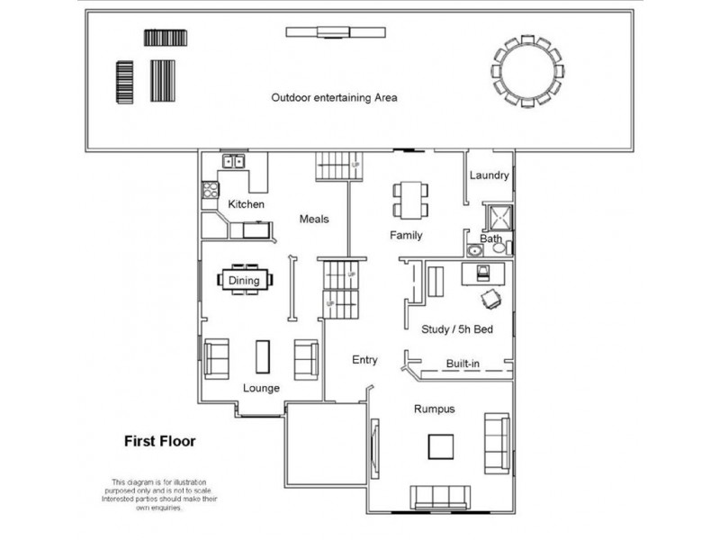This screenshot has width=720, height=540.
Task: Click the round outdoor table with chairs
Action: point(528,69)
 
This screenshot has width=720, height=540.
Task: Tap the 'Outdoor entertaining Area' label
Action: point(335,97)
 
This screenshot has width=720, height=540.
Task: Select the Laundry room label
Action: point(490,175)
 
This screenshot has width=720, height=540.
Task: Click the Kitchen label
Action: point(246,205)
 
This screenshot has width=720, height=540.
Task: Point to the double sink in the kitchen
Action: point(236,163)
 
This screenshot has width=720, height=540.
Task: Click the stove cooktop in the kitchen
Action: point(211,190)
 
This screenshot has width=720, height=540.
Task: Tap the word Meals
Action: point(314,219)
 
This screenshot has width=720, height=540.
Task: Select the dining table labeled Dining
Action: point(244,280)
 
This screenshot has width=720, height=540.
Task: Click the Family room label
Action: point(406,236)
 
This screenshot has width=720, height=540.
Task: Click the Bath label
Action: point(490,239)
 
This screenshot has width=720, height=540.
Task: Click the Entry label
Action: point(364,360)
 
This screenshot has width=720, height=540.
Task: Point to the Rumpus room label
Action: point(434,409)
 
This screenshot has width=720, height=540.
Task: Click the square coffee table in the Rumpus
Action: point(440,446)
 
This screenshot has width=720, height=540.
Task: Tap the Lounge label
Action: point(261,388)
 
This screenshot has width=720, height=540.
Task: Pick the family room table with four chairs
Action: point(409,199)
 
